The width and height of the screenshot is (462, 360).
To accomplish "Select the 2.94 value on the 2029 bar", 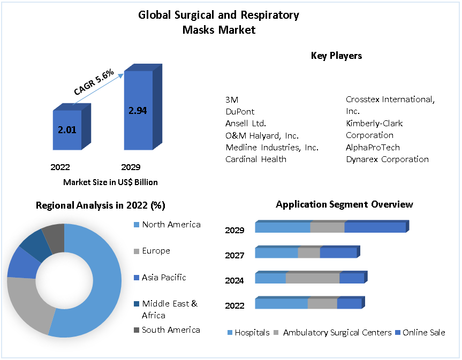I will click(x=138, y=111).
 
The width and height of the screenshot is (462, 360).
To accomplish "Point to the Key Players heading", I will click(x=336, y=56).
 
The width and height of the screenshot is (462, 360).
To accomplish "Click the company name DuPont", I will click(x=240, y=111).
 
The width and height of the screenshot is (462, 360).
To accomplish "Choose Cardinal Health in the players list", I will click(x=256, y=159).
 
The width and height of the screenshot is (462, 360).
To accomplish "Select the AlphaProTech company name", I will click(x=373, y=147).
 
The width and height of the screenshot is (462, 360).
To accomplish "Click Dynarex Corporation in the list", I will click(x=387, y=159).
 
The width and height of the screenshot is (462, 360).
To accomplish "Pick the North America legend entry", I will click(x=171, y=225).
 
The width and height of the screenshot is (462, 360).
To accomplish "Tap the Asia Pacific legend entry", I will click(x=164, y=277).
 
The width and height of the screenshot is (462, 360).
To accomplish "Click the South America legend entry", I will click(x=171, y=330).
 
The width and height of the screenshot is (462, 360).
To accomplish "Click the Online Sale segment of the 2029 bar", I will click(x=375, y=227).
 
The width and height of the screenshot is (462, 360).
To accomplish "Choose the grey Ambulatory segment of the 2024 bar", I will click(x=313, y=278).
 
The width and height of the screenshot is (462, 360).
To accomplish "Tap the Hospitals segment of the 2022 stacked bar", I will click(x=281, y=303).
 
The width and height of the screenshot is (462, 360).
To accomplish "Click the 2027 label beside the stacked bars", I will click(x=234, y=255).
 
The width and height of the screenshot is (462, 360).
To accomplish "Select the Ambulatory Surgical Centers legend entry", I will click(x=337, y=333).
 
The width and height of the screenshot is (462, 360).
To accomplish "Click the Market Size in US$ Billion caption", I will click(x=110, y=182).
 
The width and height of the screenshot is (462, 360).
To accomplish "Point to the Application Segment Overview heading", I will click(x=344, y=204).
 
